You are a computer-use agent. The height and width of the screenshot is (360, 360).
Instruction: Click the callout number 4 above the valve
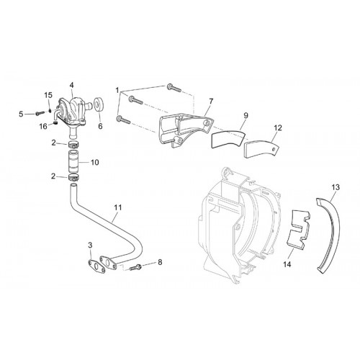tap(72, 85)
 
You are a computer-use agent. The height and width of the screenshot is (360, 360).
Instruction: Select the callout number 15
tap(48, 95)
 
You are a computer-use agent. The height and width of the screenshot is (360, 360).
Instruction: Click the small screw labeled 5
tap(40, 113)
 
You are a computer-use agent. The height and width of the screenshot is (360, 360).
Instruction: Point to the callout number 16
tap(43, 126)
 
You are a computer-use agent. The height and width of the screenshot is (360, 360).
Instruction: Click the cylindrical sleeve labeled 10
tap(74, 161)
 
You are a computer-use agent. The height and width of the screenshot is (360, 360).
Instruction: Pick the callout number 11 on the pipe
tap(118, 207)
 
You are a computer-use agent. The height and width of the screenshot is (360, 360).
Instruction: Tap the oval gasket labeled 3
tap(96, 267)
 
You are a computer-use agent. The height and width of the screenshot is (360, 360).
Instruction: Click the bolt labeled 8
tap(135, 267)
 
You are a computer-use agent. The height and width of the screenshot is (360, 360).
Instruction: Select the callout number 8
tap(160, 262)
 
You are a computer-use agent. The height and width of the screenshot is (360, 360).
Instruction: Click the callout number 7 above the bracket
tap(211, 102)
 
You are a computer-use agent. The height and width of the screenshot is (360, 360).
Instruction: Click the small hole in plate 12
tap(274, 149)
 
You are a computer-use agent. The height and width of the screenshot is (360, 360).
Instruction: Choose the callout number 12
tap(278, 127)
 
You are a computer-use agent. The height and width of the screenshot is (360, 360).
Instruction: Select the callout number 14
tap(287, 264)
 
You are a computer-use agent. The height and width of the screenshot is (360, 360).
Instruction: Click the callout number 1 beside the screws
tap(117, 91)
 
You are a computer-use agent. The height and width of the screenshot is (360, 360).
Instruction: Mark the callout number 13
tap(336, 187)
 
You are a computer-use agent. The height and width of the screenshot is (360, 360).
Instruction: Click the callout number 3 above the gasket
tap(90, 245)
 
